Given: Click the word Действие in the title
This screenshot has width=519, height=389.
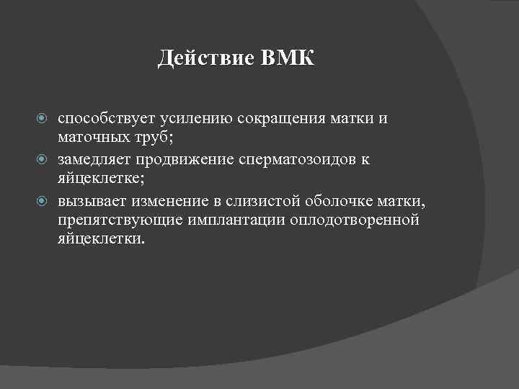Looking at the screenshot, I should point(205,58).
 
